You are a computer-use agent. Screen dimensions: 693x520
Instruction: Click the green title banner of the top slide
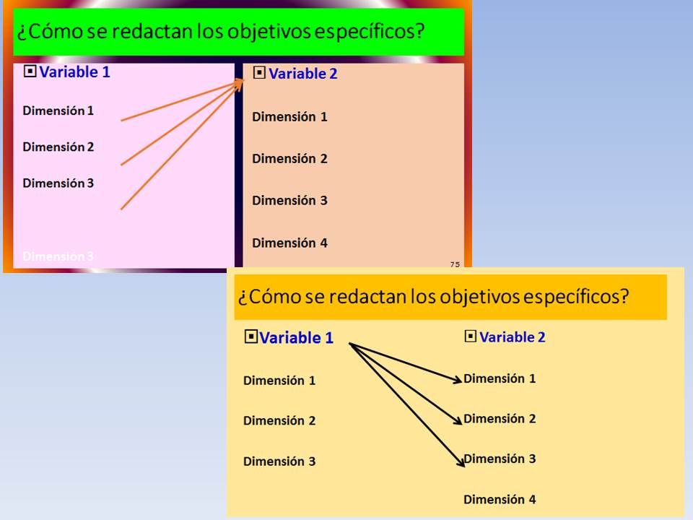239,32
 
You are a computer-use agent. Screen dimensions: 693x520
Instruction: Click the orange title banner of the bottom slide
450,297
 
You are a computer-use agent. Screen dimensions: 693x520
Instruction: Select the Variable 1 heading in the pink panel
74,71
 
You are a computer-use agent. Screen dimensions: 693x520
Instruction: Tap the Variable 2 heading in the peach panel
303,74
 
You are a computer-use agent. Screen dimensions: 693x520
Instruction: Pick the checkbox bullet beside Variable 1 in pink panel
30,71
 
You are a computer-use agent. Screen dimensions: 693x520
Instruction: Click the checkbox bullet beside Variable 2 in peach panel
259,72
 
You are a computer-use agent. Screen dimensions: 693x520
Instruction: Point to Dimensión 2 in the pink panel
58,147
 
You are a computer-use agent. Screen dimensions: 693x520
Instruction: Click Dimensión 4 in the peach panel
290,243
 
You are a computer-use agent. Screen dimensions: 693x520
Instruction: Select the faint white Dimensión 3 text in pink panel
58,256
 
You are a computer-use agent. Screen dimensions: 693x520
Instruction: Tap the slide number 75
455,264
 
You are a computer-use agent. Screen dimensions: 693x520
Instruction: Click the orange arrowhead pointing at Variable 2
239,84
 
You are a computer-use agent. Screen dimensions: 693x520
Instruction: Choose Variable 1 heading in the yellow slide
296,338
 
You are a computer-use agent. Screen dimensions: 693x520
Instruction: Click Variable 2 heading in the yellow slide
513,337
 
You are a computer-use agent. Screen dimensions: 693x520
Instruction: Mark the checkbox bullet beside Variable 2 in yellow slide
471,337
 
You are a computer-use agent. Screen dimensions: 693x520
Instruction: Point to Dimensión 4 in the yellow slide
500,499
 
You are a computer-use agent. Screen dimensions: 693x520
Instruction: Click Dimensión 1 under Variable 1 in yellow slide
279,381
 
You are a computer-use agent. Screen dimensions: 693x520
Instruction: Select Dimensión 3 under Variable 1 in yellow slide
279,461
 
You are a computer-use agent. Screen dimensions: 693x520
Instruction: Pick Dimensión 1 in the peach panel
290,117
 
